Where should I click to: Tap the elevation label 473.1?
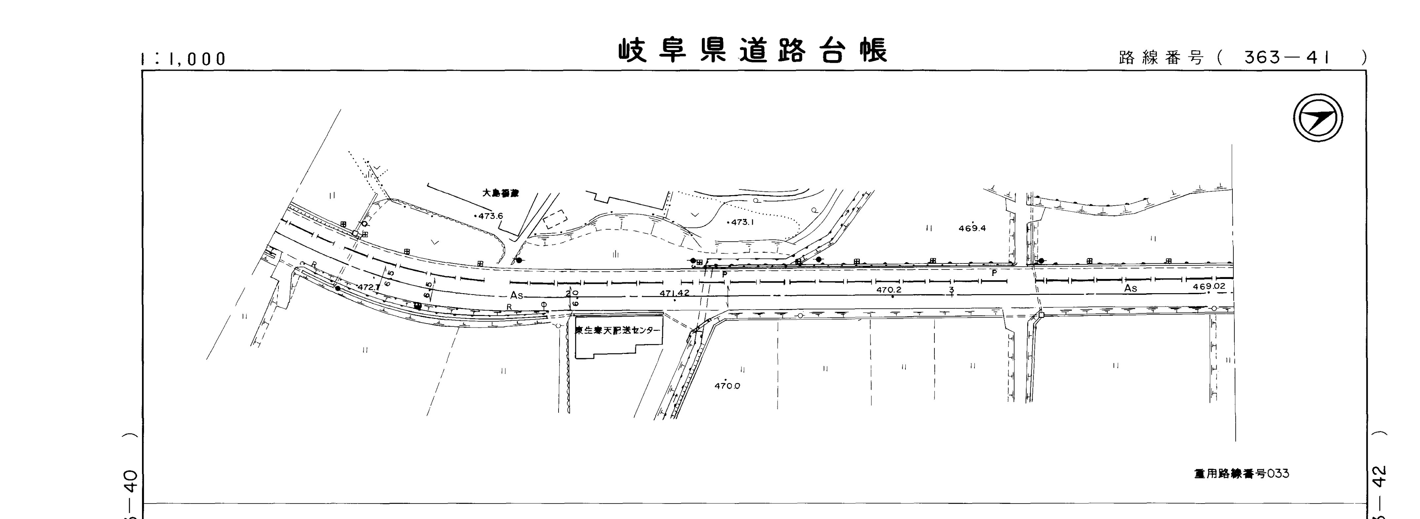(x=742, y=223)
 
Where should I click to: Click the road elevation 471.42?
(x=674, y=293)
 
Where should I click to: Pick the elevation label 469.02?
(x=1209, y=287)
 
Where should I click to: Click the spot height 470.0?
(x=727, y=386)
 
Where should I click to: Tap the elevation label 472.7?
(x=368, y=287)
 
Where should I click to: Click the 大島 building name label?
(x=500, y=193)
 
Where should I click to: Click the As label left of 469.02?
(x=1131, y=288)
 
